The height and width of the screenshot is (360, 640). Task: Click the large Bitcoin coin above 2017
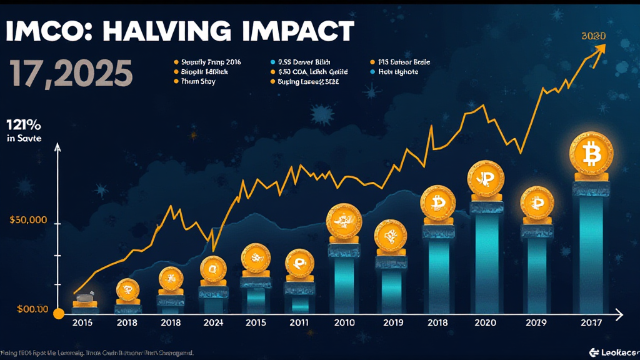pos(591,153)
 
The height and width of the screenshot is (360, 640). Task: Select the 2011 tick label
pos(300,322)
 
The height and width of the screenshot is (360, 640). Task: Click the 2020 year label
pos(485,322)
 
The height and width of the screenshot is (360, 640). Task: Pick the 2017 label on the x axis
pos(591,322)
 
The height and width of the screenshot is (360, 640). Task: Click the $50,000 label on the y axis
pos(29,220)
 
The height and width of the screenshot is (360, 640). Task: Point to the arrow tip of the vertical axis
pos(57,146)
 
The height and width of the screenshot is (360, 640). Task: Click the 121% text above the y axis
pos(23,124)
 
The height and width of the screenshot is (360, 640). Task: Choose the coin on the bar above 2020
pos(485,177)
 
